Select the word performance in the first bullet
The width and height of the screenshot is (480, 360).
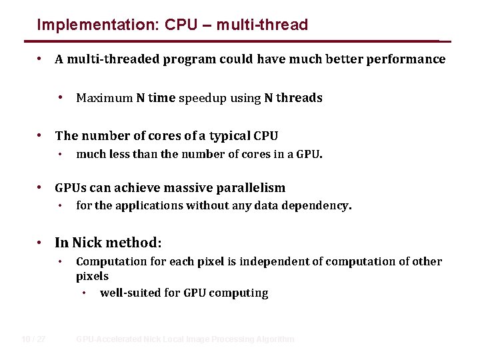click(405, 59)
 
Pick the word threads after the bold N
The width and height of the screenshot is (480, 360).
click(299, 98)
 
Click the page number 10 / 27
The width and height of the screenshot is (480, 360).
click(33, 339)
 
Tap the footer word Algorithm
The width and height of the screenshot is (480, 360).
click(274, 339)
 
